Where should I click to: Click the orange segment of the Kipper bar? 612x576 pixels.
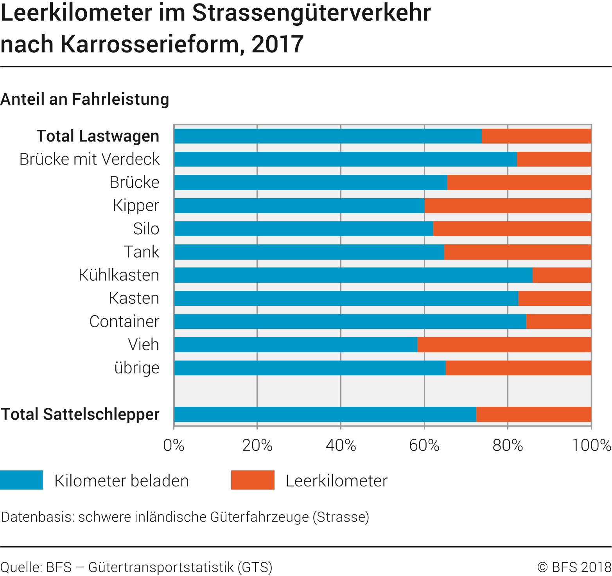coord(508,206)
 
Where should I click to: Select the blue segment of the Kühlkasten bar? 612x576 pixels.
coord(353,275)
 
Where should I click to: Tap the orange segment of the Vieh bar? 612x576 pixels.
coord(504,345)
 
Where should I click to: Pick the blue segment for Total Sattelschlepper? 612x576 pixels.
coord(325,415)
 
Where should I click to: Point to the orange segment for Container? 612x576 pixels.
coord(558,321)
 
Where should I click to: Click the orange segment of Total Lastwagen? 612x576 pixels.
coord(536,136)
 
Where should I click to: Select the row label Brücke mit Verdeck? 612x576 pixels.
coord(90,159)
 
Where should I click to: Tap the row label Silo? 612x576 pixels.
coord(146,229)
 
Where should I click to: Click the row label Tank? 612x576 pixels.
coord(141,252)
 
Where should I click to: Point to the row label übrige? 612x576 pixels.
coord(137,368)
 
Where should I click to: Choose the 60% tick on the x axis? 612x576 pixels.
coord(424,445)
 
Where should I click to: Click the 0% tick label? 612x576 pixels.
coord(174,445)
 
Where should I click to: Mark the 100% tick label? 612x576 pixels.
coord(591,445)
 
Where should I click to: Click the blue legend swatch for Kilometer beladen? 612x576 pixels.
coord(22,480)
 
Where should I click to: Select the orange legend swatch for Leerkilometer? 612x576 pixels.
coord(253,480)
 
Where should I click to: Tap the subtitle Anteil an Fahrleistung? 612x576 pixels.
coord(85,99)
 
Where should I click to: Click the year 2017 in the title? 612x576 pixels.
coord(278,44)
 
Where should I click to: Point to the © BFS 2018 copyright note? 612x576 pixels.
coord(574,567)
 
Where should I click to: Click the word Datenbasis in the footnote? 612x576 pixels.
coord(37,517)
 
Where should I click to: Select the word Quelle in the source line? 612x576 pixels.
coord(21,567)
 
